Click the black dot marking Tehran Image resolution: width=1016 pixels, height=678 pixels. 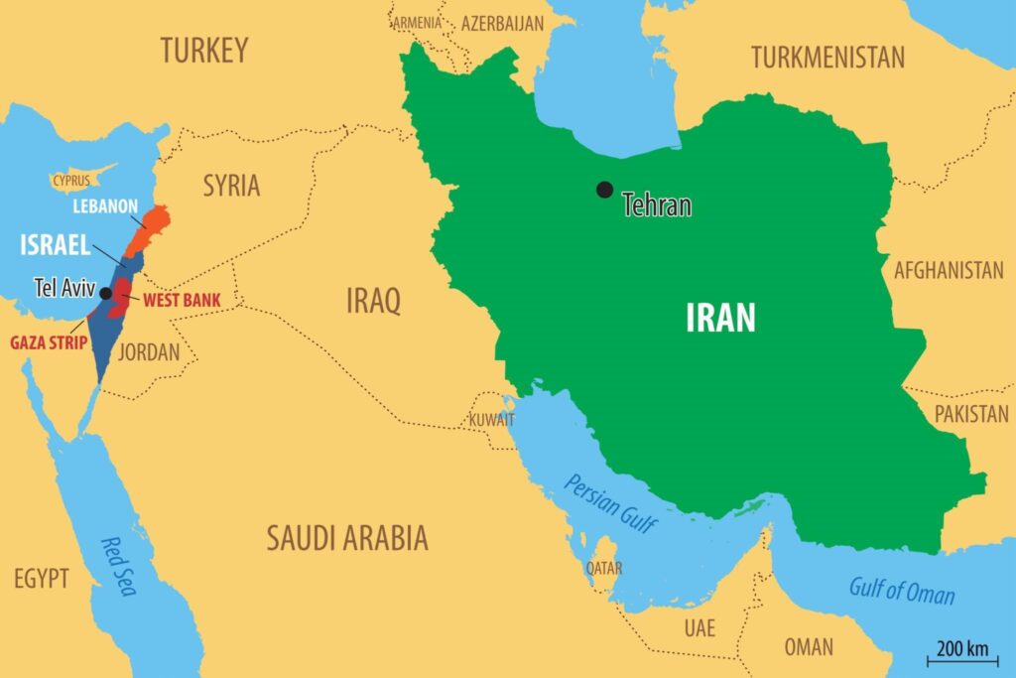click(x=603, y=190)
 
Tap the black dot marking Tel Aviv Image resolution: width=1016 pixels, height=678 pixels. click(x=105, y=292)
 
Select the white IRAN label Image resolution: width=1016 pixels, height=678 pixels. click(x=720, y=318)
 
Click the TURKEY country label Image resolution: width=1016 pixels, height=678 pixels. click(x=204, y=50)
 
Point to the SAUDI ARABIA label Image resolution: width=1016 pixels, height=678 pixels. click(x=346, y=538)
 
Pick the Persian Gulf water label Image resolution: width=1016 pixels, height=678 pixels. click(x=610, y=502)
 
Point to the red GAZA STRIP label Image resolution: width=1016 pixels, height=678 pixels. click(x=49, y=342)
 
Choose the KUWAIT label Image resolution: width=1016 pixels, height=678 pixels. click(x=492, y=420)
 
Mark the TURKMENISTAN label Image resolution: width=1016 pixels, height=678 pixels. click(x=827, y=58)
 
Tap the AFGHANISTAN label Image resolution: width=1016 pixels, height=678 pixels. click(x=949, y=270)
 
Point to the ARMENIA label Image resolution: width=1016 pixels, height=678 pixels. click(x=418, y=22)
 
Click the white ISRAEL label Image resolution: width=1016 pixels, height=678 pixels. click(x=56, y=245)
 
